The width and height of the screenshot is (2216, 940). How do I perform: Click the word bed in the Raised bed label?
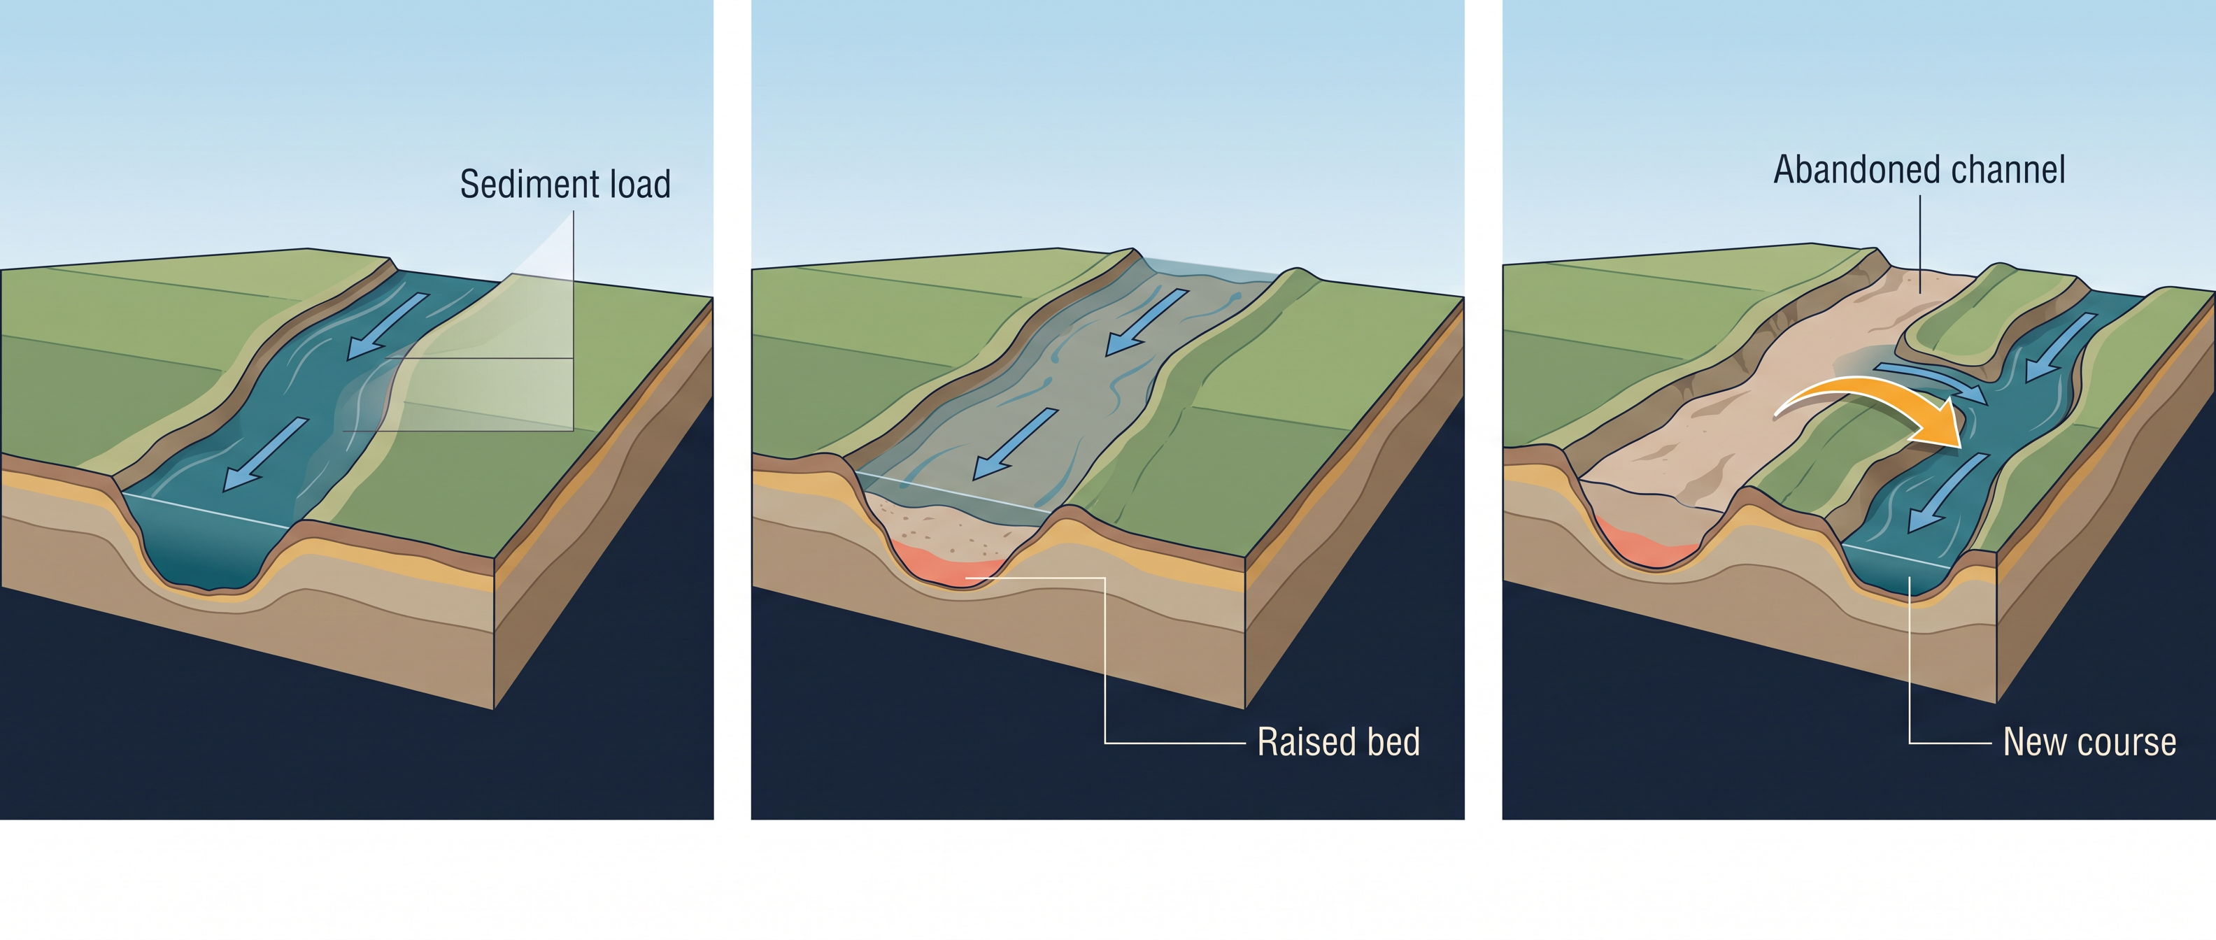[1393, 741]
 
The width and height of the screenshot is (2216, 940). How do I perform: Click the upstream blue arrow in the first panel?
[388, 326]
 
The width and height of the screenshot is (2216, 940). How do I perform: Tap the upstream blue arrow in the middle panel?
[1146, 322]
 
